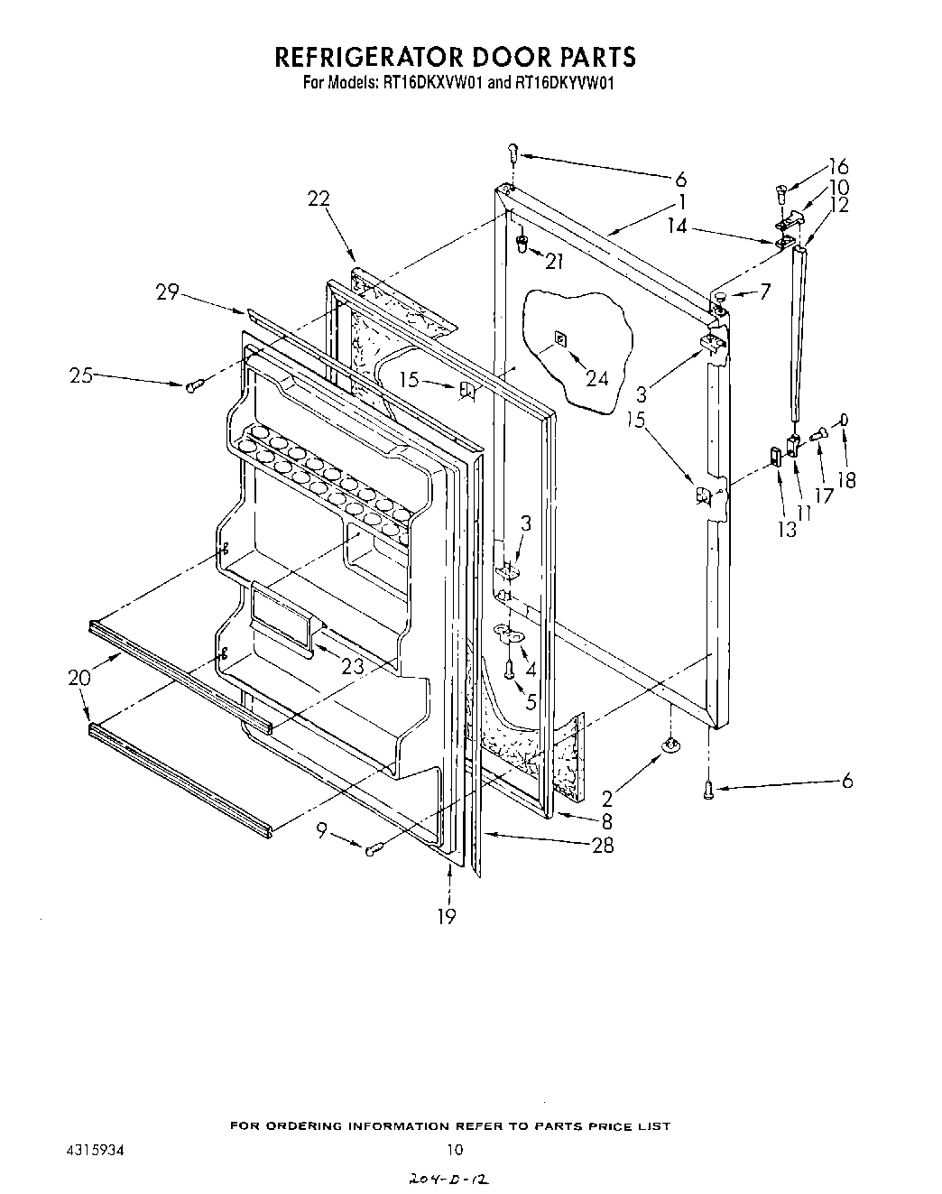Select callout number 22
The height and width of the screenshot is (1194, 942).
318,199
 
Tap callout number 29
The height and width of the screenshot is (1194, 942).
167,292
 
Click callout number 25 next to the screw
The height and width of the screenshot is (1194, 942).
82,375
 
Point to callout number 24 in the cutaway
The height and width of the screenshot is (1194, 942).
598,378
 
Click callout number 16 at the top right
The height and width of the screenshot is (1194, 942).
838,166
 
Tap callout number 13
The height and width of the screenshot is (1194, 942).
788,529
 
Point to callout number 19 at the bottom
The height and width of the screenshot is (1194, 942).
447,916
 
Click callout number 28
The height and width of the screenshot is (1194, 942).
603,845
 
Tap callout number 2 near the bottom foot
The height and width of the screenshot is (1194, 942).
607,798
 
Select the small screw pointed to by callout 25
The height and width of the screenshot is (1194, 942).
194,385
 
